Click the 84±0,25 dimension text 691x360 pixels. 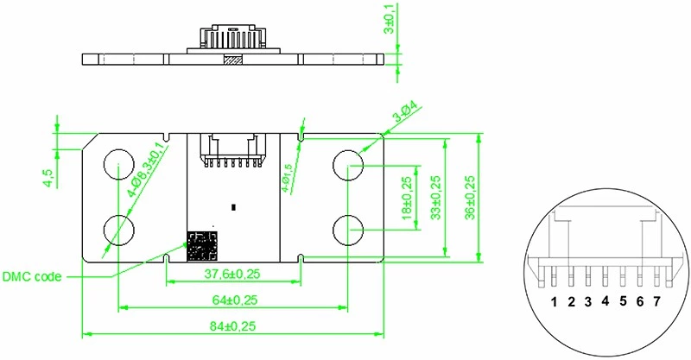click(x=232, y=326)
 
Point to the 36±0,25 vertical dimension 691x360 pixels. click(x=470, y=196)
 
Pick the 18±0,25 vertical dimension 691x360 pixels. click(x=407, y=196)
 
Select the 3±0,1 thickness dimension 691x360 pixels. click(x=390, y=18)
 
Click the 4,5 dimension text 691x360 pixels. click(x=48, y=178)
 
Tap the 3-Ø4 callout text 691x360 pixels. click(x=405, y=116)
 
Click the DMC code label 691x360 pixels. click(x=31, y=276)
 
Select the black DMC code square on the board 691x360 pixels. click(x=202, y=245)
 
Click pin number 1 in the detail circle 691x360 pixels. click(x=553, y=301)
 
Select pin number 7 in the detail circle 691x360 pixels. click(x=656, y=301)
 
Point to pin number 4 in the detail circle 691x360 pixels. click(x=605, y=301)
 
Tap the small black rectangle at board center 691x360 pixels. click(x=233, y=206)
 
